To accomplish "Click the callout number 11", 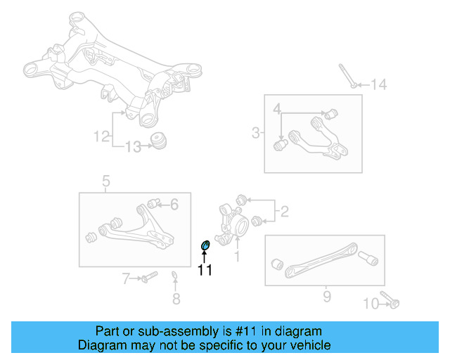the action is click(x=205, y=269).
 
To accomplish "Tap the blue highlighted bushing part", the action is click(x=206, y=244).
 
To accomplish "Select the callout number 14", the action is click(x=379, y=85).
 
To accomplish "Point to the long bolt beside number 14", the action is click(x=346, y=76).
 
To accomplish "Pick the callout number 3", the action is click(x=256, y=132).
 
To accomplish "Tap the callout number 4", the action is click(x=277, y=109).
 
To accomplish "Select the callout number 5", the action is click(x=106, y=183).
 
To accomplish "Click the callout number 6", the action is click(x=174, y=204).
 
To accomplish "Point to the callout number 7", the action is click(x=127, y=279).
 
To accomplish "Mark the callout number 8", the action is click(x=176, y=299).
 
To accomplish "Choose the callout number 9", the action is click(x=326, y=297).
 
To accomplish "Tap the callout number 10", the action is click(x=371, y=304).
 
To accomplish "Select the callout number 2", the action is click(x=284, y=210).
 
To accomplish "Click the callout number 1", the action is click(x=237, y=257).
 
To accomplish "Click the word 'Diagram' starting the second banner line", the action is click(x=100, y=345).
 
